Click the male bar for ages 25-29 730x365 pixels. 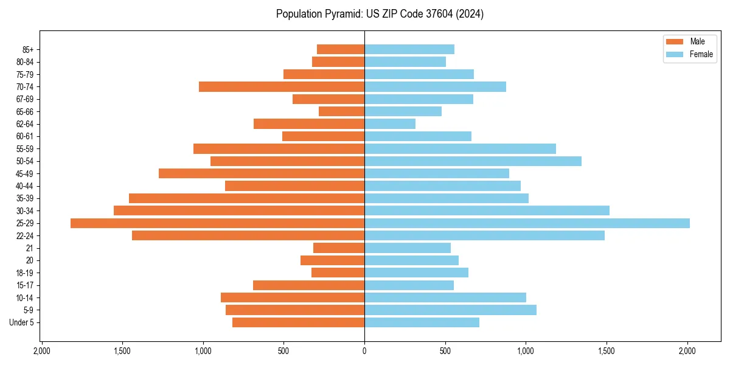pyautogui.click(x=217, y=223)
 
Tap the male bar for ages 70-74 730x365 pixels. pyautogui.click(x=282, y=87)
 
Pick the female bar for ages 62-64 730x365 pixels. pyautogui.click(x=390, y=124)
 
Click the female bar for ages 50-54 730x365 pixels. pyautogui.click(x=473, y=161)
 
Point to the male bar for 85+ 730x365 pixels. pyautogui.click(x=341, y=49)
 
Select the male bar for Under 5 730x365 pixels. pyautogui.click(x=298, y=322)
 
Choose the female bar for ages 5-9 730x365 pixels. pyautogui.click(x=450, y=310)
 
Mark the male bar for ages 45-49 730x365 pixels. pyautogui.click(x=262, y=173)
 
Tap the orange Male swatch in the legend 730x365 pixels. pyautogui.click(x=675, y=41)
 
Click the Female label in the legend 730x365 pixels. pyautogui.click(x=701, y=54)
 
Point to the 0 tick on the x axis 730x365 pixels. pyautogui.click(x=364, y=350)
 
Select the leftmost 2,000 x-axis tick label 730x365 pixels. pyautogui.click(x=41, y=350)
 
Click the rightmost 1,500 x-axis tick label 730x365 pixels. pyautogui.click(x=607, y=350)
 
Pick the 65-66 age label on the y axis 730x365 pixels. pyautogui.click(x=25, y=112)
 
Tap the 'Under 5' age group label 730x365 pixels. pyautogui.click(x=21, y=322)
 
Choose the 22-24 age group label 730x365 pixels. pyautogui.click(x=25, y=236)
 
